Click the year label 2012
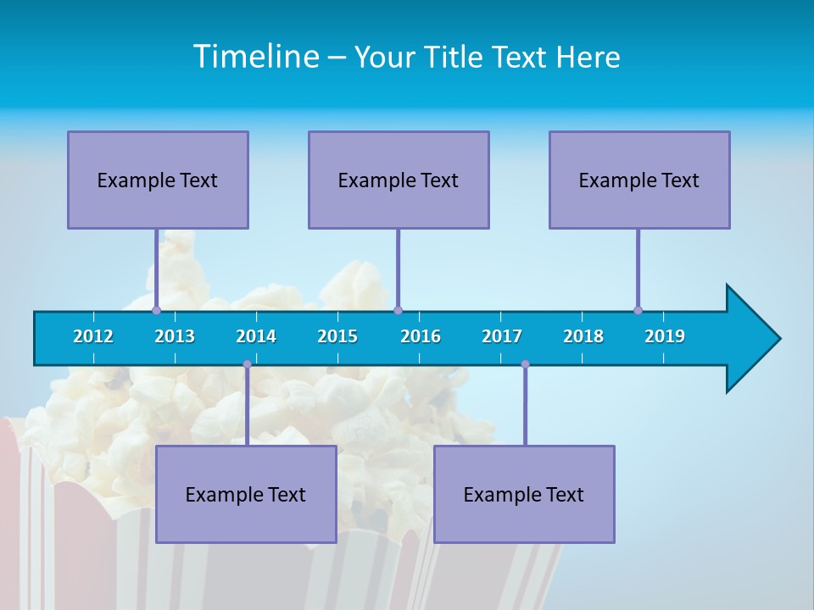click(93, 336)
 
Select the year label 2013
click(175, 336)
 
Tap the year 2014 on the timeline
click(256, 336)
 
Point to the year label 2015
click(337, 336)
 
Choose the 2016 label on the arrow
click(421, 336)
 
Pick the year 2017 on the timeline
click(502, 336)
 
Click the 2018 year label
click(583, 336)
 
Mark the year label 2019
click(665, 336)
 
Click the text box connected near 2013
click(158, 180)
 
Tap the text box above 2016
click(399, 180)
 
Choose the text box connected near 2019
click(639, 180)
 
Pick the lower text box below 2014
click(246, 494)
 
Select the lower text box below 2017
click(524, 494)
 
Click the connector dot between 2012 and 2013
click(156, 310)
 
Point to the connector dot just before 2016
click(398, 310)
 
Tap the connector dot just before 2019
click(638, 310)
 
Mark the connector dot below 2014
click(247, 364)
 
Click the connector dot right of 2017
click(525, 364)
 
